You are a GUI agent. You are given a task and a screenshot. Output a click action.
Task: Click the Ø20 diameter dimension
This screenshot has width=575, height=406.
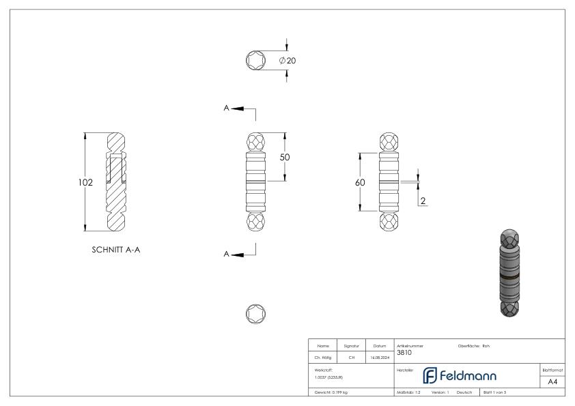pyautogui.click(x=287, y=61)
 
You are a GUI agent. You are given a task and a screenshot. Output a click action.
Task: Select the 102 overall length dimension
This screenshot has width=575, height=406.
pyautogui.click(x=85, y=182)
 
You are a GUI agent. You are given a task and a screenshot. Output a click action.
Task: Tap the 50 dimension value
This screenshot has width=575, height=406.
pyautogui.click(x=285, y=157)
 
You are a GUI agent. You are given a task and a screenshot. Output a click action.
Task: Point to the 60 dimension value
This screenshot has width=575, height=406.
pyautogui.click(x=360, y=182)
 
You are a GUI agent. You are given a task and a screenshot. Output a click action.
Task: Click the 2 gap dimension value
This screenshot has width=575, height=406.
pyautogui.click(x=423, y=201)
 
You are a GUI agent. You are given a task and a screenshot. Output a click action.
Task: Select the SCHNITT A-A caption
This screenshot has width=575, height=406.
pyautogui.click(x=116, y=250)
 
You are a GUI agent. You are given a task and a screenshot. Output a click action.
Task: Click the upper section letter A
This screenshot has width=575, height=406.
pyautogui.click(x=226, y=108)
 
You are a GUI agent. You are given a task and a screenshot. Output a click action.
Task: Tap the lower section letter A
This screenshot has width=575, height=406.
pyautogui.click(x=226, y=254)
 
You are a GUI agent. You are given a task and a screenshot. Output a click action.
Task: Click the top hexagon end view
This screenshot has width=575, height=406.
pyautogui.click(x=255, y=60)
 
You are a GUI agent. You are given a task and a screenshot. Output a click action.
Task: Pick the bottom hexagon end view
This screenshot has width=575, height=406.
pyautogui.click(x=255, y=314)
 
